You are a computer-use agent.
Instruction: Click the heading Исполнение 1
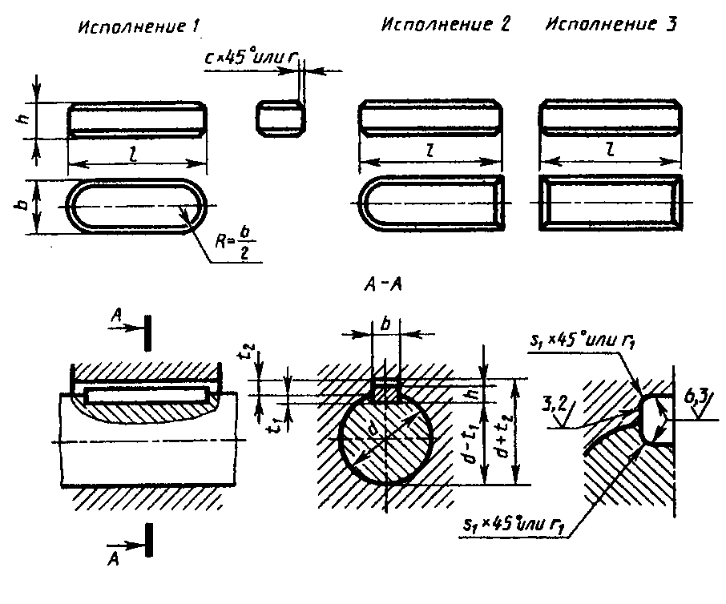(137, 26)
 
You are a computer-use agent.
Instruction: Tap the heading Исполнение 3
(611, 23)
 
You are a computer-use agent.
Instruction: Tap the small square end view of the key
(280, 119)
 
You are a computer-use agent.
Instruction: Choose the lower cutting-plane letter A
(115, 552)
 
